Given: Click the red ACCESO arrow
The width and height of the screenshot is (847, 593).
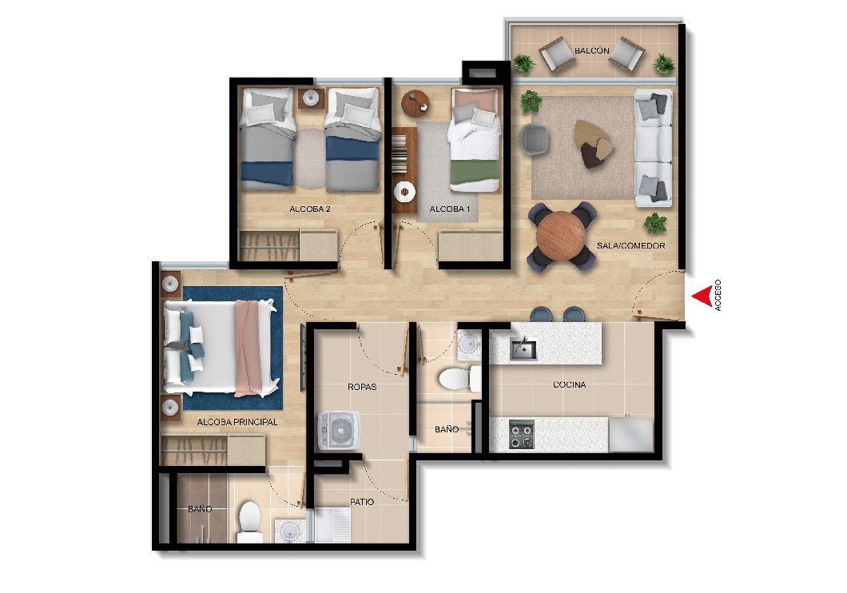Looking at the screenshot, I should tap(702, 296).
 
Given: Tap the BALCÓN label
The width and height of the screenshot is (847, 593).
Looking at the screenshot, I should tap(592, 51).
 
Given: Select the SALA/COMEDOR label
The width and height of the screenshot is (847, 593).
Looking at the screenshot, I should tap(630, 245).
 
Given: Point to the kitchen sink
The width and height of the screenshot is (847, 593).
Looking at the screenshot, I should tap(523, 348).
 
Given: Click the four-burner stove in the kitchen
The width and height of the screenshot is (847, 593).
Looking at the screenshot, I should tap(522, 434).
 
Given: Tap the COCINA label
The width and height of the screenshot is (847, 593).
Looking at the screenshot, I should tap(569, 384).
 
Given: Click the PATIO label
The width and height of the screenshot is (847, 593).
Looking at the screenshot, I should tap(362, 502).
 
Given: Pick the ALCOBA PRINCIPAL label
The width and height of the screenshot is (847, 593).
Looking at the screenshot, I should tap(237, 422).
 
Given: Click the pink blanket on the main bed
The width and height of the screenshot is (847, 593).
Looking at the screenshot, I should tap(253, 348).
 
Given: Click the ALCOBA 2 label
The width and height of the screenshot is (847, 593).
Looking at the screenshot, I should tap(311, 209).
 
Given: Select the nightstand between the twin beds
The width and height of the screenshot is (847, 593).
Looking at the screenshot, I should tap(310, 98).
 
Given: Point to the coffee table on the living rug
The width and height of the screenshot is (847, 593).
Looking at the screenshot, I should tap(594, 143).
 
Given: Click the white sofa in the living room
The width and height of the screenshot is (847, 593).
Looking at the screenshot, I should tap(653, 145).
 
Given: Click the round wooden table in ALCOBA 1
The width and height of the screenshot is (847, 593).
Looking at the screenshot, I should tap(415, 101).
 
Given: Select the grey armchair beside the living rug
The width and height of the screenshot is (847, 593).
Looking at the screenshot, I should tap(535, 139).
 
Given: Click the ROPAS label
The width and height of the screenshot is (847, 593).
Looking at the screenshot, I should tap(362, 386).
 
